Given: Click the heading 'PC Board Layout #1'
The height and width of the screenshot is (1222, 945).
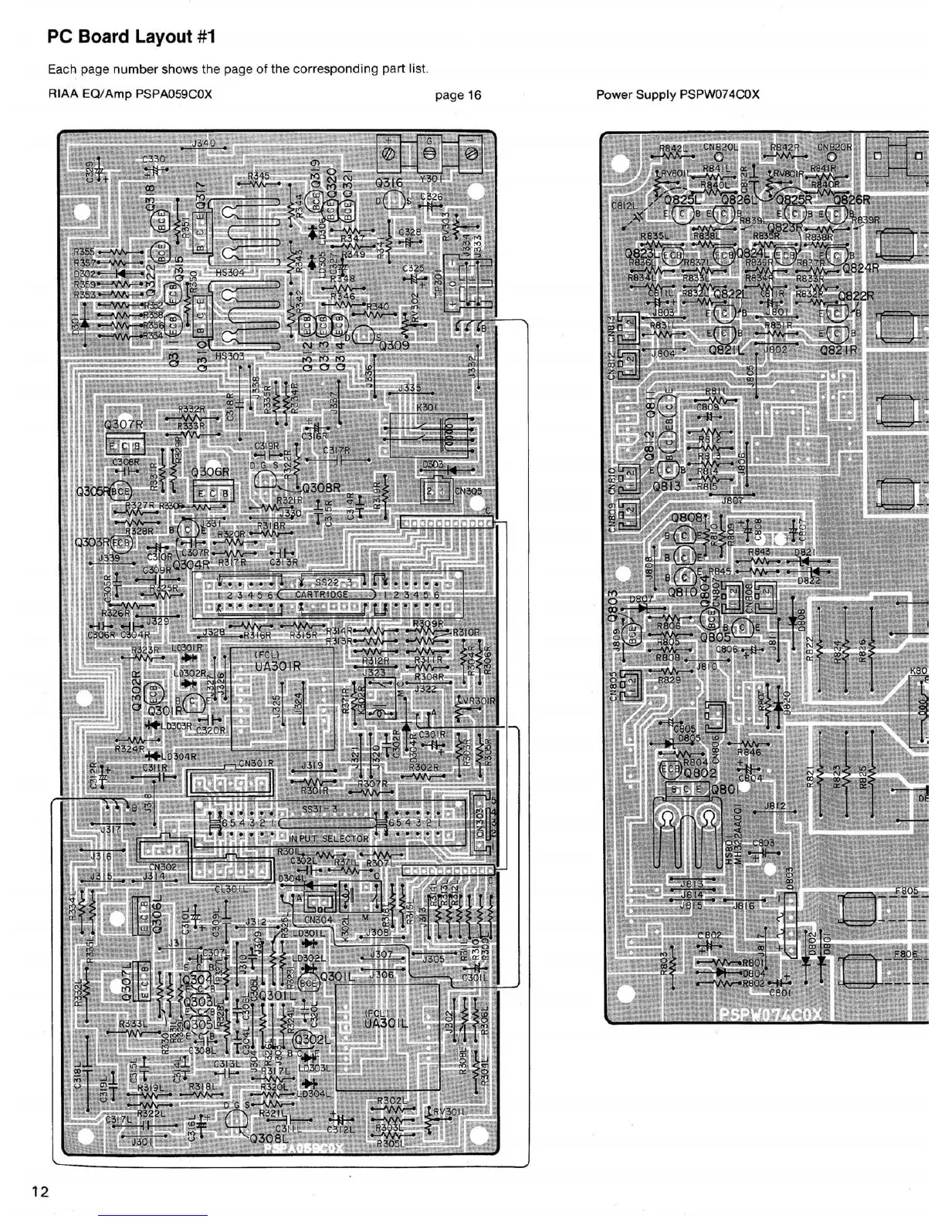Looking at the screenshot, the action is coord(129,37).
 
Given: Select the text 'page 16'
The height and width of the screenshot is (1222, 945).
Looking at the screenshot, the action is coord(458,95).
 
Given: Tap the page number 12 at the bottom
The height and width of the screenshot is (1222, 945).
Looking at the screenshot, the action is coord(40,1191).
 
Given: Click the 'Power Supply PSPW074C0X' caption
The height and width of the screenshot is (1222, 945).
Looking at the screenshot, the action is coord(677,95).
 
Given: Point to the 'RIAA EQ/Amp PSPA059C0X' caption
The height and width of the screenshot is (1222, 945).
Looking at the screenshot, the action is coord(130,95).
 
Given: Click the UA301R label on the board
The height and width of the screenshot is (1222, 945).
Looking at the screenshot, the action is coord(276,666).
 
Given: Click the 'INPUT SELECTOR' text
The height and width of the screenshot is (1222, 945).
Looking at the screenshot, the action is coord(329,839).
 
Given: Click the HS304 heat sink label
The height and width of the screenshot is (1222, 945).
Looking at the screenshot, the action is coord(230,273).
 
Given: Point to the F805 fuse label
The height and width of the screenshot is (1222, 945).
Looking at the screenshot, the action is coord(906,891).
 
